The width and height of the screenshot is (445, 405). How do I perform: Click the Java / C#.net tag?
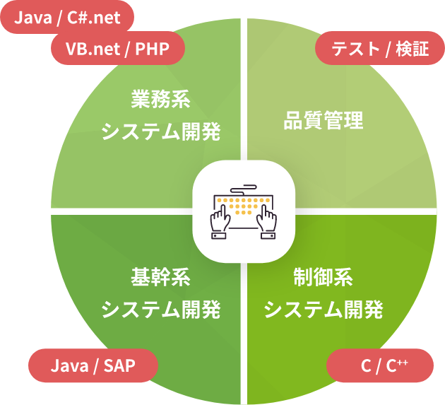pos(67,18)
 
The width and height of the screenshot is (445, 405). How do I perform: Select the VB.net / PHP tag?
pos(118,50)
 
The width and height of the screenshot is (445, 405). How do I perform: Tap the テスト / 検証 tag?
pos(372,50)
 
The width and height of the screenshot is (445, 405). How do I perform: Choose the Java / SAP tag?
pos(93,365)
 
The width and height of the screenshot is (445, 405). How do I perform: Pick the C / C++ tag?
pos(381,365)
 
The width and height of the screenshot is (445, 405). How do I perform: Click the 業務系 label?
pos(161,100)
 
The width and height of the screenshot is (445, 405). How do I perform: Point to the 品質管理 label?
pos(323,120)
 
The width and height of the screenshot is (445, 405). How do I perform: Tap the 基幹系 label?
pos(161,276)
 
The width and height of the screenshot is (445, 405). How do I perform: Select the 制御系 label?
pos(323,276)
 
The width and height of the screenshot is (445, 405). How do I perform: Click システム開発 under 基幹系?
pos(161,309)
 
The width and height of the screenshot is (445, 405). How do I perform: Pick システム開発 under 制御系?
pos(323,309)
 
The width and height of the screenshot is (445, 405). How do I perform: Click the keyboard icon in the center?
pos(244,210)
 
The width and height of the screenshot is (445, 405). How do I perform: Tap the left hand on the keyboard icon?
pos(218,220)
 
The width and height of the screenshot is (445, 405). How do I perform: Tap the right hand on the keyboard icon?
pos(268,220)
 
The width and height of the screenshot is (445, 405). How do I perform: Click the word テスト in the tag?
pos(351,50)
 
